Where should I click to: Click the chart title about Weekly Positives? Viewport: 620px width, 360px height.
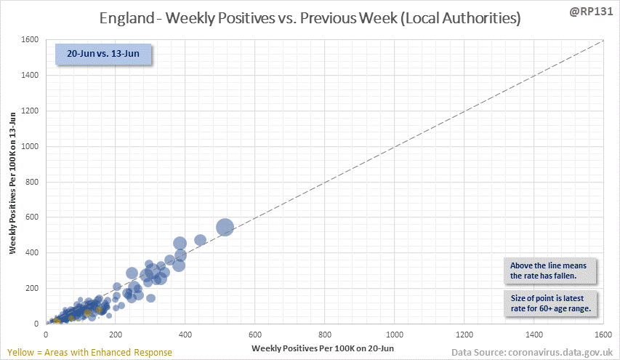pyautogui.click(x=310, y=18)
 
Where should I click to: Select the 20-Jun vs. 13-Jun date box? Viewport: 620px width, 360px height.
pyautogui.click(x=104, y=55)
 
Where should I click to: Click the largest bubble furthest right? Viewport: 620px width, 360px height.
pyautogui.click(x=225, y=228)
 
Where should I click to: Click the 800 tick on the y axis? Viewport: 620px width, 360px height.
pyautogui.click(x=32, y=182)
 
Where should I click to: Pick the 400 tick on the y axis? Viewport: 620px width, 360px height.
pyautogui.click(x=32, y=253)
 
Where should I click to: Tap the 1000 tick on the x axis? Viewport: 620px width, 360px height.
pyautogui.click(x=395, y=335)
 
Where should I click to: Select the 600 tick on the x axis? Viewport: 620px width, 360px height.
pyautogui.click(x=256, y=335)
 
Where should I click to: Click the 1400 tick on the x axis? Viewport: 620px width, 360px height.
pyautogui.click(x=534, y=335)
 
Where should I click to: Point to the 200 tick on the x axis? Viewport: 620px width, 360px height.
pyautogui.click(x=116, y=335)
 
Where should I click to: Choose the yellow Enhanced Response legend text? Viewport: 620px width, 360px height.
pyautogui.click(x=88, y=352)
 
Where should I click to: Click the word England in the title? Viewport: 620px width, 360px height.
pyautogui.click(x=129, y=18)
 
